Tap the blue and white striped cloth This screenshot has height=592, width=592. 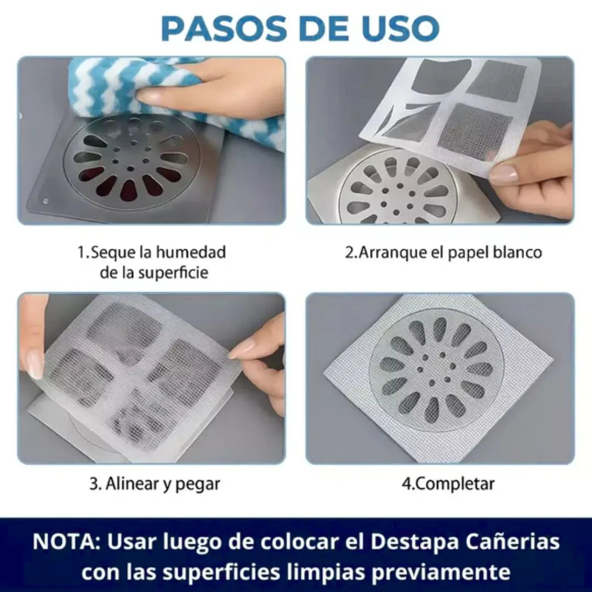[110, 88]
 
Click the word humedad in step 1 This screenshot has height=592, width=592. [191, 253]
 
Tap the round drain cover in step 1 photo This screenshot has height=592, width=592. [132, 162]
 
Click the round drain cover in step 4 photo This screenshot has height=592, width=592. [437, 371]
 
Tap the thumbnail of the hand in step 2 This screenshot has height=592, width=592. [503, 174]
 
